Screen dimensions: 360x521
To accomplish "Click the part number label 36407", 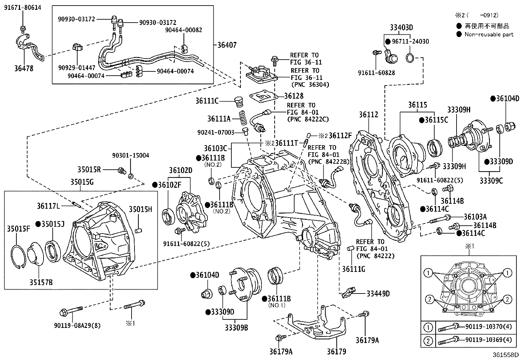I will pos(227,45).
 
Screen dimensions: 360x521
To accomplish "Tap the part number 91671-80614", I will pos(23,8).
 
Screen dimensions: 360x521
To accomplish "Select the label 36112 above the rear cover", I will pos(368,115).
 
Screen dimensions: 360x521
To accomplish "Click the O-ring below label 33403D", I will pos(410,58).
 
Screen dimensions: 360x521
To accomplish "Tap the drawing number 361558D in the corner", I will pos(506,355).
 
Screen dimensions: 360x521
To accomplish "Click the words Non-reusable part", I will pos(489,34).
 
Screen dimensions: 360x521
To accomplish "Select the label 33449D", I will pos(378,294).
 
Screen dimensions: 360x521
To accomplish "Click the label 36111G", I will pos(353,269).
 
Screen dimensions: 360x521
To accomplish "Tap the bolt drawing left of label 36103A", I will pos(439,218).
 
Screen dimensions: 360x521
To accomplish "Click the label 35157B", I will pos(41,282).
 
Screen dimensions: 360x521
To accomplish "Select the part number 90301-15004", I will pos(130,155).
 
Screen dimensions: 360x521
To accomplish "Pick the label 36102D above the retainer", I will pos(181,170).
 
